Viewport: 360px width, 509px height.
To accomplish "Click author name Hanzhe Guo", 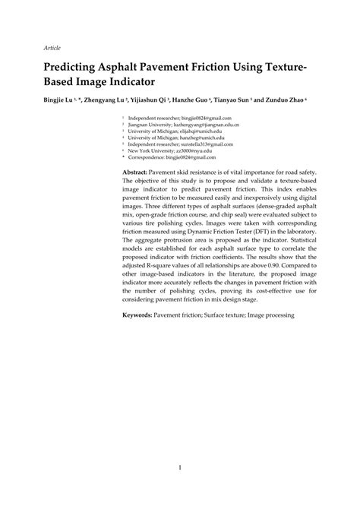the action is tap(219, 100).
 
